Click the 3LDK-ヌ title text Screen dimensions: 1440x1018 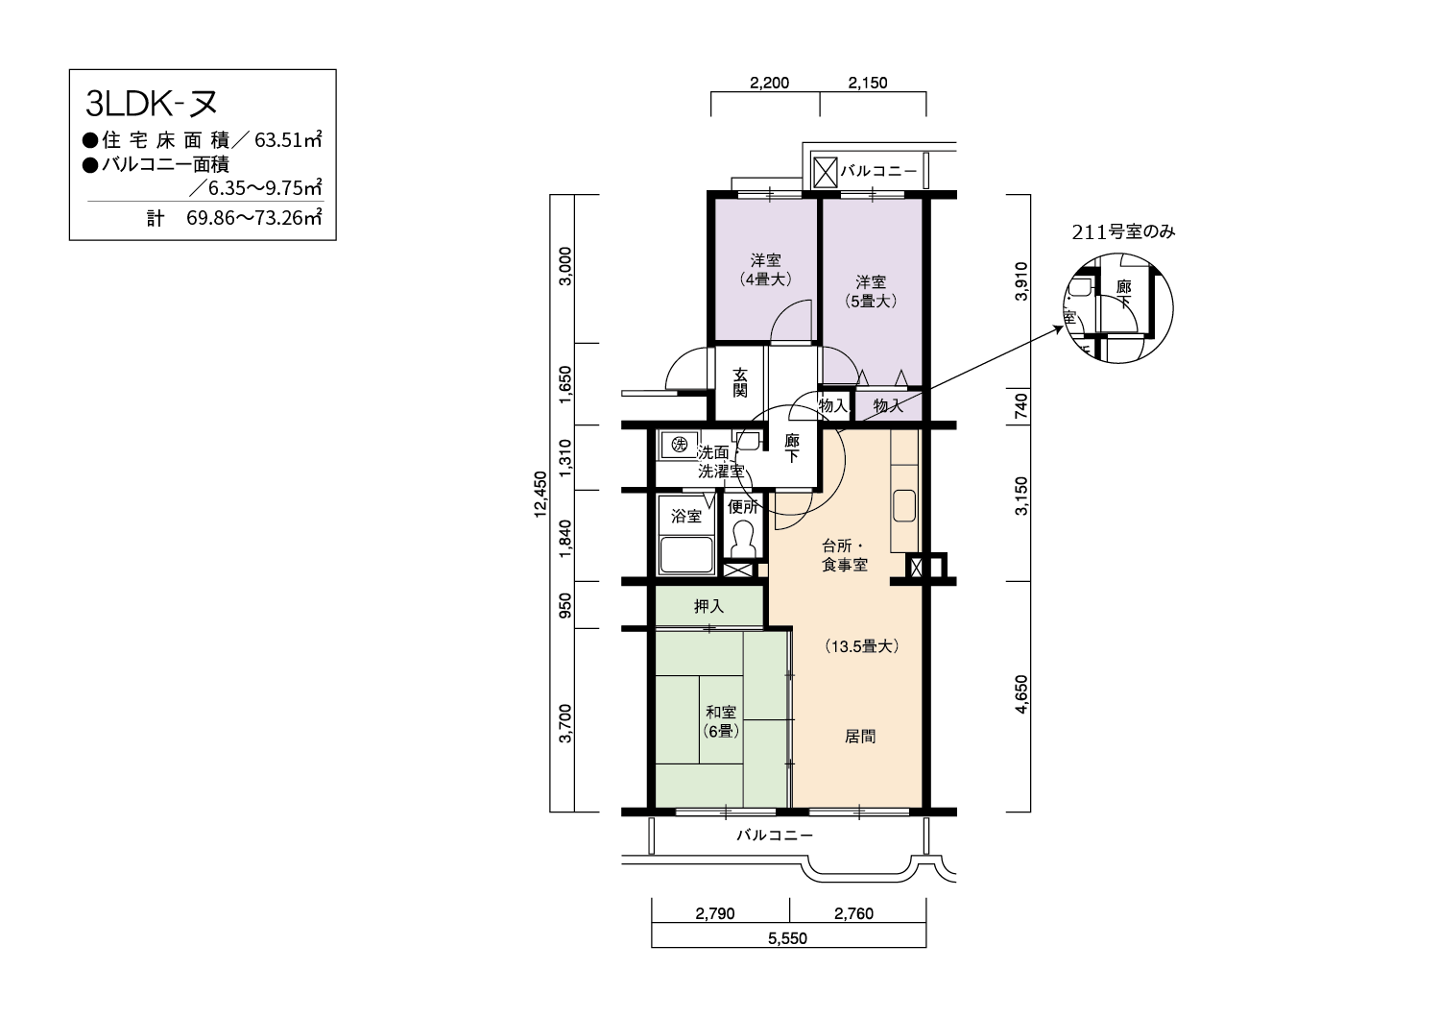(x=151, y=104)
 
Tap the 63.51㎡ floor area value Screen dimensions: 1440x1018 (x=288, y=139)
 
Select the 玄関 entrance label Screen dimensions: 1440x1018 (x=740, y=382)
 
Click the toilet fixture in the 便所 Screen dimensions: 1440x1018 (x=742, y=538)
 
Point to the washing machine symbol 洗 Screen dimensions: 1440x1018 (x=679, y=444)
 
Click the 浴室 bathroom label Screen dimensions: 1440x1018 (x=686, y=516)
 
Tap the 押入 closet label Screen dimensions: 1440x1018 (x=708, y=606)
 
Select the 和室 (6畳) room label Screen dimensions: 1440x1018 (x=721, y=721)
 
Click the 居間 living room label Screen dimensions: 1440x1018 (x=859, y=737)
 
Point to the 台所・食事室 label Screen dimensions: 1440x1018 (x=845, y=555)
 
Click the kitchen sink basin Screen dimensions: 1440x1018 (x=904, y=505)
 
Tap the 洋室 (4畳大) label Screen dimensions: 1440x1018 (x=765, y=270)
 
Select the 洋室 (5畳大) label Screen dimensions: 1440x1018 (x=871, y=291)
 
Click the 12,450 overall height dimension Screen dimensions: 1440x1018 (x=540, y=494)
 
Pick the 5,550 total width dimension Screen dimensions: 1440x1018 (x=787, y=938)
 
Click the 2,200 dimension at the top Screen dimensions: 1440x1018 (x=770, y=83)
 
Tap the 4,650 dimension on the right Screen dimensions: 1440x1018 (x=1020, y=694)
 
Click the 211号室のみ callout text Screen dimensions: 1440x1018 (x=1123, y=232)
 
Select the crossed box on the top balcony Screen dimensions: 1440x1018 (x=826, y=172)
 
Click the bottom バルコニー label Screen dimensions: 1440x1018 (x=775, y=836)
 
